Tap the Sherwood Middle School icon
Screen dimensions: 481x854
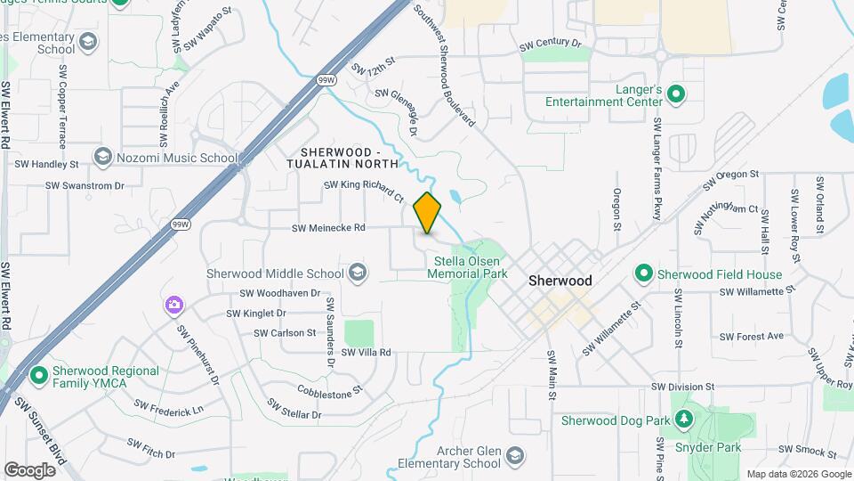(x=358, y=273)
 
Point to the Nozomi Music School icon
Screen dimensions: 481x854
(x=102, y=158)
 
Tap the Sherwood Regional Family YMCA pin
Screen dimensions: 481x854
(x=37, y=376)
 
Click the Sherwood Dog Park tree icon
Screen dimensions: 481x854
(x=683, y=419)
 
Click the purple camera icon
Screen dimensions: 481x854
(x=173, y=306)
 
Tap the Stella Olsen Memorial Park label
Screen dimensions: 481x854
(x=466, y=268)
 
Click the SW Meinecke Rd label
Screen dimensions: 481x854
(x=329, y=228)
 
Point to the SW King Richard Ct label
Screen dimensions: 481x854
(x=363, y=186)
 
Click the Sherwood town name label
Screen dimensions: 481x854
(x=560, y=281)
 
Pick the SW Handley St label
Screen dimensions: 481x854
(x=50, y=164)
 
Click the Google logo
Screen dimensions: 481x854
(x=29, y=469)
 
